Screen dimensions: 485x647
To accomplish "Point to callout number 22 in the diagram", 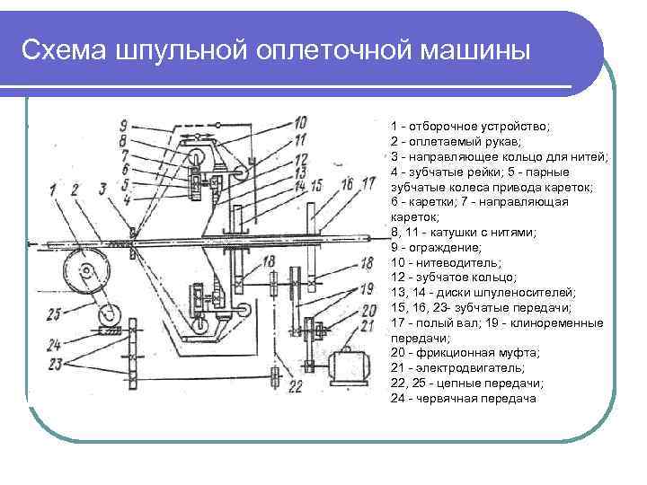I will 296,387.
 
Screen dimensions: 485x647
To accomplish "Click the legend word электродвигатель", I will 459,368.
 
